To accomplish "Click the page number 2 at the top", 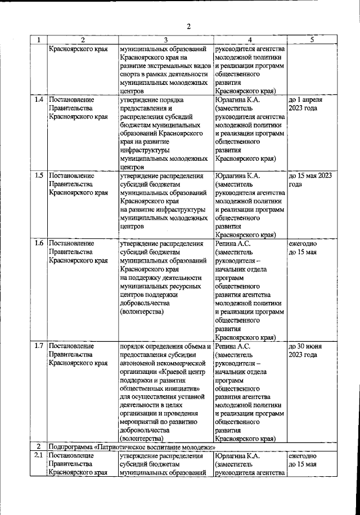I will click(x=190, y=26).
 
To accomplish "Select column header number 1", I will click(x=38, y=40).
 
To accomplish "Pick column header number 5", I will click(x=311, y=40).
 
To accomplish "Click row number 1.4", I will click(x=39, y=100).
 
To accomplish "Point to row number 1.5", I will click(x=39, y=175).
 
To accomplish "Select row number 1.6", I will click(x=39, y=243).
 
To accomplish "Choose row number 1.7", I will click(x=39, y=346).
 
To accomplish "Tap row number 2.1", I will click(x=39, y=456).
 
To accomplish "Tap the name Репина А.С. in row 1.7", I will click(x=233, y=346).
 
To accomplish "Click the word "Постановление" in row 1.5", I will click(x=70, y=175).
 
